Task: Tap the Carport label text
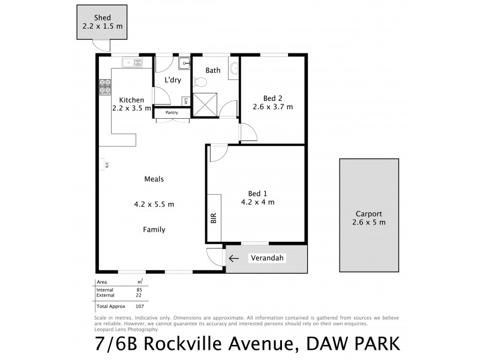coord(368,214)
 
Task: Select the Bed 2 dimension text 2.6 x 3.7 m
coord(273,107)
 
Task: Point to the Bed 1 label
coord(257,193)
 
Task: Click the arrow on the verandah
coord(233,259)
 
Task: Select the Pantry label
coord(172,112)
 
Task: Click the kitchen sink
coord(132,61)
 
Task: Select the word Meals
coord(154,179)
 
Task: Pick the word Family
coord(154,229)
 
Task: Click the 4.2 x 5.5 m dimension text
coord(154,204)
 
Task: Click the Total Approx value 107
coord(139,306)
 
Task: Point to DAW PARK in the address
coord(353,344)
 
